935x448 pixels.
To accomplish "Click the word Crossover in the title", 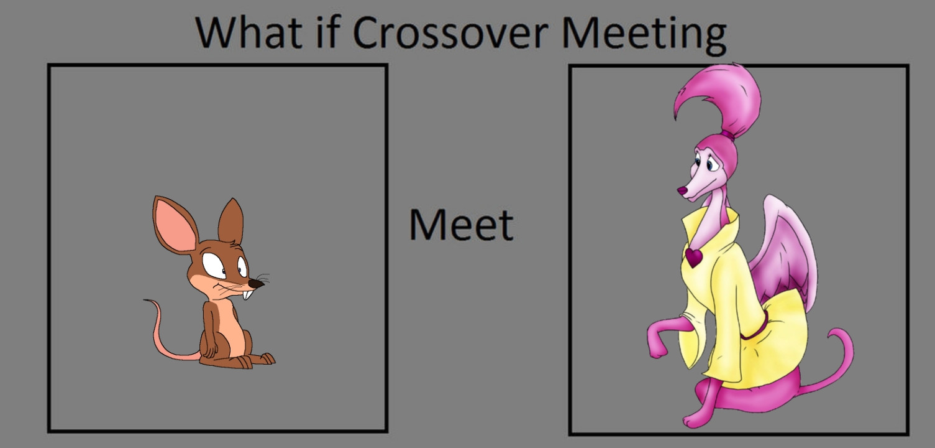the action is [450, 32].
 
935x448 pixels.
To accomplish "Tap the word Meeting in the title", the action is [644, 35].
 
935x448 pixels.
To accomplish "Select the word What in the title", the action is [249, 32].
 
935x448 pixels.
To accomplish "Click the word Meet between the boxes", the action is [461, 225].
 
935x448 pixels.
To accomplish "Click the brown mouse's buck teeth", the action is [247, 294].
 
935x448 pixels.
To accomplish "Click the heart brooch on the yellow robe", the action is [693, 256].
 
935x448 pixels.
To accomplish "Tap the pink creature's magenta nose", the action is [682, 191].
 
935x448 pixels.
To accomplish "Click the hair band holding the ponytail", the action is [728, 134].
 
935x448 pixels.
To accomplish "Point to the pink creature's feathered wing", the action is [784, 255].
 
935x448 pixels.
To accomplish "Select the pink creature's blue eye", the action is [709, 166].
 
